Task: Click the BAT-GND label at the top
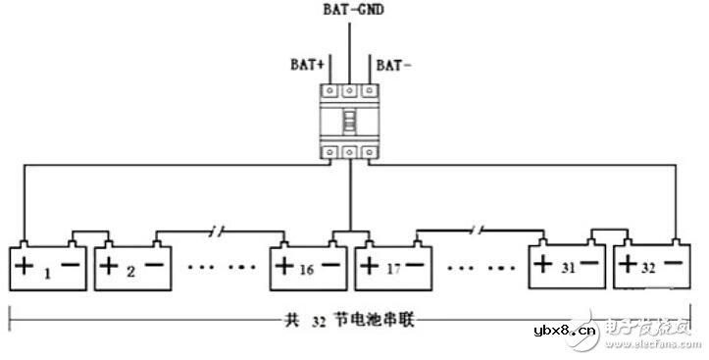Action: tap(352, 11)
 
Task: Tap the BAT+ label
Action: tap(305, 66)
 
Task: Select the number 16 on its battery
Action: tap(305, 268)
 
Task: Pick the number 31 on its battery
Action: tap(566, 266)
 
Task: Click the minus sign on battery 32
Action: tap(674, 265)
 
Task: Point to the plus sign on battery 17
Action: tap(369, 266)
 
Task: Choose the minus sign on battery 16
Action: tap(330, 266)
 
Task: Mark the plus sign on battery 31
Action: tap(543, 265)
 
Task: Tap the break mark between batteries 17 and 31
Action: tap(475, 231)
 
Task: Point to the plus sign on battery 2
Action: tap(111, 266)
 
